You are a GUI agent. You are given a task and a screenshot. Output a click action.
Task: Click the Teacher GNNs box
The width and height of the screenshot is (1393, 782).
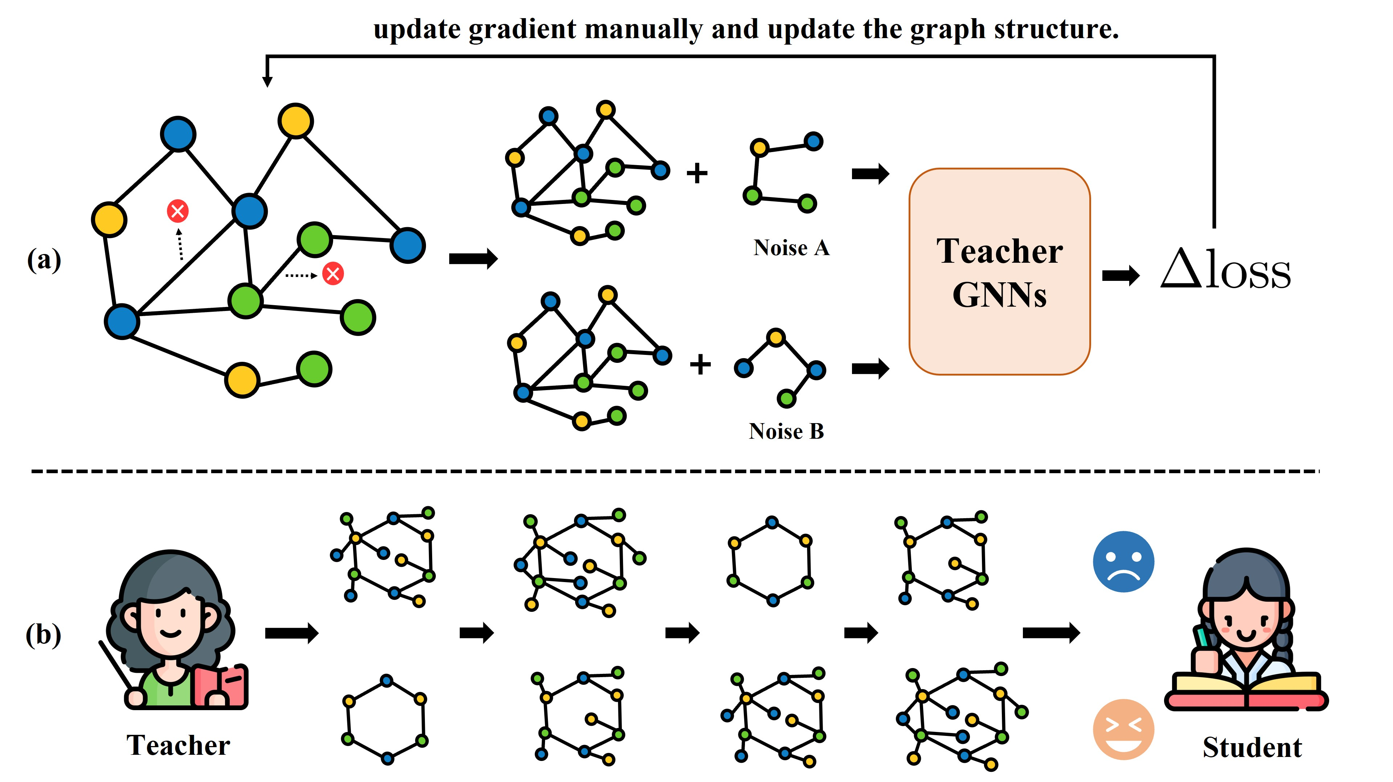click(x=999, y=271)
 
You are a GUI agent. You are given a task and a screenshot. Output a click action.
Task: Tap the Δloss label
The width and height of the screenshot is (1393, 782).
click(x=1226, y=269)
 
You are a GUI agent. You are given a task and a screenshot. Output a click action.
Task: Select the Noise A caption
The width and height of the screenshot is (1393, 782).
click(x=791, y=248)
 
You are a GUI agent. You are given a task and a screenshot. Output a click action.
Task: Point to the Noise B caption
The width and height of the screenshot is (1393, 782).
click(x=786, y=431)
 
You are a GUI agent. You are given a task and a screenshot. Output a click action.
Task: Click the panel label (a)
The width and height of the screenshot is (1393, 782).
click(x=44, y=260)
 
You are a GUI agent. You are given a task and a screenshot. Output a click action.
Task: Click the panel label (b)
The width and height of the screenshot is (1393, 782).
click(x=43, y=635)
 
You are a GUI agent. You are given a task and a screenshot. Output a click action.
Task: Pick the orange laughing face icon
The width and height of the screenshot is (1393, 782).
click(x=1123, y=729)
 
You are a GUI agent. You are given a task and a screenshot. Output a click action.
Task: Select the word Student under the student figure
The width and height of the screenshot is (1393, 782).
click(x=1252, y=748)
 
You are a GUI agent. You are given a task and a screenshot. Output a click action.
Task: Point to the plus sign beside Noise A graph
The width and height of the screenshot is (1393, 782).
click(x=697, y=173)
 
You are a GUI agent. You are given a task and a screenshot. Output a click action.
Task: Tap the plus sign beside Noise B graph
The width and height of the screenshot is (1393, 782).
click(x=700, y=364)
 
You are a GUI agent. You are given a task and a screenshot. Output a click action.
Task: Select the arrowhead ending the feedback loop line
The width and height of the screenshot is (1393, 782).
click(x=267, y=81)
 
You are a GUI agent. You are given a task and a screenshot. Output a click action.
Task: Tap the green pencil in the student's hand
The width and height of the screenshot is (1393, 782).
click(x=1204, y=638)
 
